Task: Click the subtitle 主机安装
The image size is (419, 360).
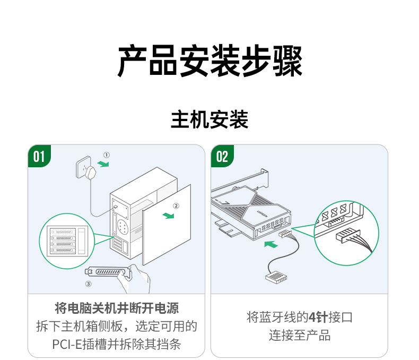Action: click(x=210, y=120)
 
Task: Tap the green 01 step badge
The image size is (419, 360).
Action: click(x=39, y=156)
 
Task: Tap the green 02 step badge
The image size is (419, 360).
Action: click(x=222, y=156)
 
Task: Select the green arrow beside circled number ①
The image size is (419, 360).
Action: click(x=103, y=164)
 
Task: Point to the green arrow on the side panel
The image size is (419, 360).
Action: click(x=169, y=215)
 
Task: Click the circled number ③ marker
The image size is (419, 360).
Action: click(x=89, y=284)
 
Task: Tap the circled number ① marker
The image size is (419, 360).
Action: click(x=106, y=155)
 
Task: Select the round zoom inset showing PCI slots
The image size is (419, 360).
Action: click(x=67, y=241)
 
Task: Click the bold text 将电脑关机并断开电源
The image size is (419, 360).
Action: click(x=117, y=308)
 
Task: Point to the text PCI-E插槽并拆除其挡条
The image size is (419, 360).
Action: click(x=117, y=344)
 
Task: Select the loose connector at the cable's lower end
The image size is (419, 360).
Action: click(x=274, y=277)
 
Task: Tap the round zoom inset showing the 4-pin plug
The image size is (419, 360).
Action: click(x=346, y=229)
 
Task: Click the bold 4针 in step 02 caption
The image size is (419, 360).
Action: click(x=318, y=318)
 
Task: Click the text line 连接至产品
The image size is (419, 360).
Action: click(x=300, y=336)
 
